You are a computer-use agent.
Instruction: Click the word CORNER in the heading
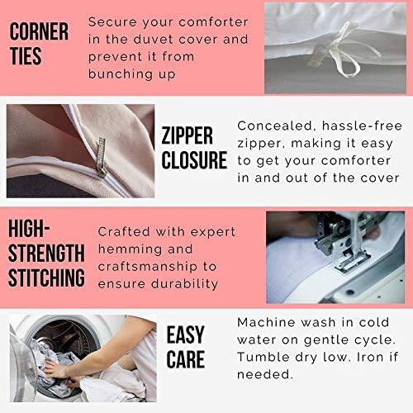[39, 31]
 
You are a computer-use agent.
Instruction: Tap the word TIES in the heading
[26, 56]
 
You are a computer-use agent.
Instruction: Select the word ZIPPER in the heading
[187, 135]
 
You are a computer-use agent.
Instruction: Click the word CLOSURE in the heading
[194, 160]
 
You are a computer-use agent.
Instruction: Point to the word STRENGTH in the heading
[46, 253]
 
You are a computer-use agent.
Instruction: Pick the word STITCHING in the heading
[46, 278]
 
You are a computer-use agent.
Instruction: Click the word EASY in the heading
[185, 335]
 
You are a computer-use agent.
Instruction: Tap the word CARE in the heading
[186, 359]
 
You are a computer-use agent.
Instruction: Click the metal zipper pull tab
[101, 156]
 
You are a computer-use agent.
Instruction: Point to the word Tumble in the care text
[263, 357]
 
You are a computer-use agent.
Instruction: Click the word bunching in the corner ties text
[121, 74]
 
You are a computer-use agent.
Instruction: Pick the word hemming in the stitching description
[131, 249]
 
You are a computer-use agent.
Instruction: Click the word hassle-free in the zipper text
[362, 126]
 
